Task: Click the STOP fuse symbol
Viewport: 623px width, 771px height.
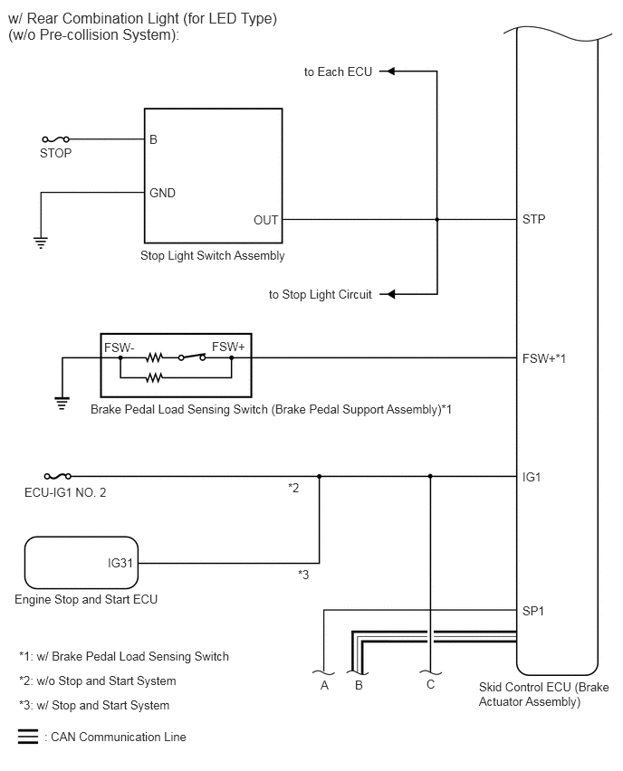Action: (x=55, y=139)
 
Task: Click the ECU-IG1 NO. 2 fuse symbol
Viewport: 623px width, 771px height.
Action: (x=58, y=476)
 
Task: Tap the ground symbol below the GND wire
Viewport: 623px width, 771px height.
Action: (x=41, y=243)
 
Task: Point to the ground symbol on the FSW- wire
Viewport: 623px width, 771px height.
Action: (x=62, y=404)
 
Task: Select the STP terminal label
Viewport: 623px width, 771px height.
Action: (x=534, y=219)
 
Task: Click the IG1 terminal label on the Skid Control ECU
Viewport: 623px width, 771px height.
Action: (x=532, y=477)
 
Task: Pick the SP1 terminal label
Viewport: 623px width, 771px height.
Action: (x=533, y=611)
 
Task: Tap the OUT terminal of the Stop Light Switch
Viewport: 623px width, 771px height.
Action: (x=265, y=220)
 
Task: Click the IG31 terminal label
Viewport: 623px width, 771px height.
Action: (x=120, y=563)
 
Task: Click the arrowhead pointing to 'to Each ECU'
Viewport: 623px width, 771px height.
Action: (x=388, y=71)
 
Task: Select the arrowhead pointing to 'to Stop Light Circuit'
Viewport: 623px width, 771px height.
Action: (x=388, y=294)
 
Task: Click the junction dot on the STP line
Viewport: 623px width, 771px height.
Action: (x=437, y=219)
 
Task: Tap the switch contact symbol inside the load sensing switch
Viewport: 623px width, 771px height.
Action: (x=192, y=357)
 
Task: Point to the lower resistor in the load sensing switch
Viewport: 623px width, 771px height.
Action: (x=154, y=377)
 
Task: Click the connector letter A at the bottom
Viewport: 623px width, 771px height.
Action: (x=324, y=685)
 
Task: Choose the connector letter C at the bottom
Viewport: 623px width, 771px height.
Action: (x=431, y=684)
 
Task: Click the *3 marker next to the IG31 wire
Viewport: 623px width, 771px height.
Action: (x=303, y=575)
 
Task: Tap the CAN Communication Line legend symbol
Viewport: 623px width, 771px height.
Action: (x=28, y=736)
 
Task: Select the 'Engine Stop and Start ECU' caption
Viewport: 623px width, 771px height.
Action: (x=86, y=599)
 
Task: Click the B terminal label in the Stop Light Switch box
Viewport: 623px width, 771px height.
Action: (x=154, y=139)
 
